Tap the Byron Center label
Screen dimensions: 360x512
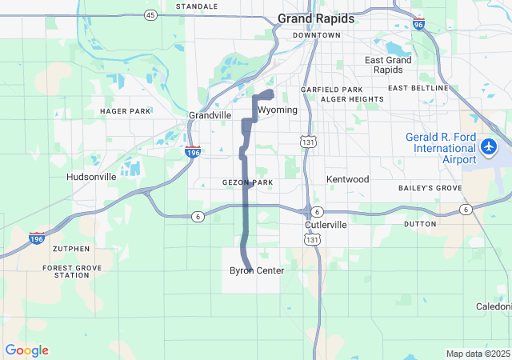[257, 271]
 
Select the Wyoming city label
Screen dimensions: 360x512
[278, 110]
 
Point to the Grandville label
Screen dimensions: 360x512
[210, 115]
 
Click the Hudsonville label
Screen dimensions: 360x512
[91, 177]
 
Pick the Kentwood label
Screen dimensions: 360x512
[347, 179]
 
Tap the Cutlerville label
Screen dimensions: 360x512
[326, 226]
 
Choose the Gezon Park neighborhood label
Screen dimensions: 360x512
[247, 183]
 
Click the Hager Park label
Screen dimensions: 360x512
[125, 111]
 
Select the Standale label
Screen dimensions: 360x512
[197, 6]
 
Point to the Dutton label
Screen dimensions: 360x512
[420, 224]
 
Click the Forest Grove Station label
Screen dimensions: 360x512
[66, 271]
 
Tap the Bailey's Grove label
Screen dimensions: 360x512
[430, 187]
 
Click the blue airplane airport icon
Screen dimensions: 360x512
[490, 147]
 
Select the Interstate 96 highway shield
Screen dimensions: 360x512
[419, 25]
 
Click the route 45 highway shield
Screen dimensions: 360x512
[150, 15]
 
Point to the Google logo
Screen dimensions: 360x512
[26, 350]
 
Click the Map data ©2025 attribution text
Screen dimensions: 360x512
[478, 354]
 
